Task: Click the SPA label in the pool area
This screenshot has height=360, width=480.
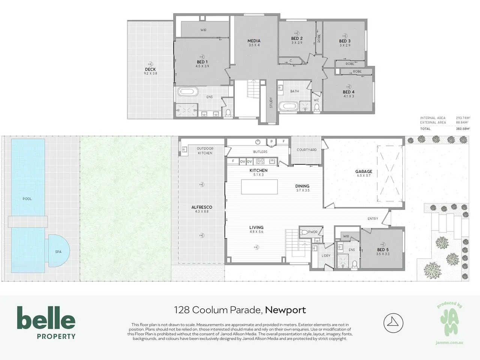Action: [58, 252]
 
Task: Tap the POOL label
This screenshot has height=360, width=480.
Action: [27, 199]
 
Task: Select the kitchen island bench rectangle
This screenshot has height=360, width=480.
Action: [259, 187]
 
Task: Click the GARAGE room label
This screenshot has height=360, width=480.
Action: [364, 172]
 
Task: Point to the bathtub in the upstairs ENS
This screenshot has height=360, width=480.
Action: [188, 92]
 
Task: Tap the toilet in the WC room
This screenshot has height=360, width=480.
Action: [316, 108]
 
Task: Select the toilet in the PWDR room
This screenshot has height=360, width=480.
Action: [304, 232]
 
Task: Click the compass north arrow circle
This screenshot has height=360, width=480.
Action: [393, 323]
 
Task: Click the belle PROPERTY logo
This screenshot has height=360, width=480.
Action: [46, 322]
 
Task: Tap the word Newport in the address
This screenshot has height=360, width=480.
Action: [285, 310]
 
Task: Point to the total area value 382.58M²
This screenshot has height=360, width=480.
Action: [463, 129]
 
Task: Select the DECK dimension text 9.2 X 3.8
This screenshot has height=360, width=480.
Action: [150, 73]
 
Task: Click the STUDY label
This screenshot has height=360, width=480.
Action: [271, 102]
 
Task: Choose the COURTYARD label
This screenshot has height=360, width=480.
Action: [307, 150]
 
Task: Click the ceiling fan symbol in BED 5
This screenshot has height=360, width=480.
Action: [383, 244]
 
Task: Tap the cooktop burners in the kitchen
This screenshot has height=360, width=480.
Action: [260, 161]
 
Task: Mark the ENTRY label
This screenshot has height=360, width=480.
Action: [373, 219]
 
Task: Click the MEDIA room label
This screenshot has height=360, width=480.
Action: [254, 41]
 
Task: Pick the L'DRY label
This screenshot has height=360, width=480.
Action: [326, 255]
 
